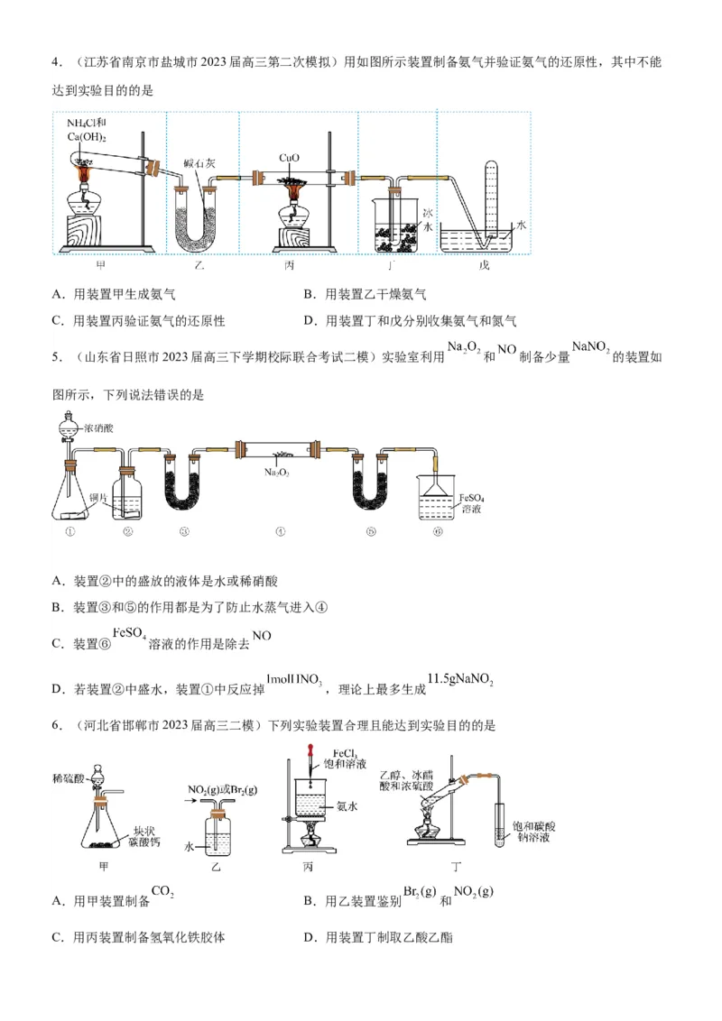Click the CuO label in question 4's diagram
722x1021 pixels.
click(x=289, y=158)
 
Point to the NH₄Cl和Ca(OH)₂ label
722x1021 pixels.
click(x=87, y=129)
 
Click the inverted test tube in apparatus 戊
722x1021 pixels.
click(x=491, y=198)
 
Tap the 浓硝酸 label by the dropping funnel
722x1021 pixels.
click(x=98, y=429)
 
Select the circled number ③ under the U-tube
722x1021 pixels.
click(x=184, y=531)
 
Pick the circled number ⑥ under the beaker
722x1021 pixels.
click(x=438, y=531)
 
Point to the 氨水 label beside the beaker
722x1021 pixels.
click(x=347, y=807)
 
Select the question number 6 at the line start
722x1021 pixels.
click(x=56, y=725)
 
